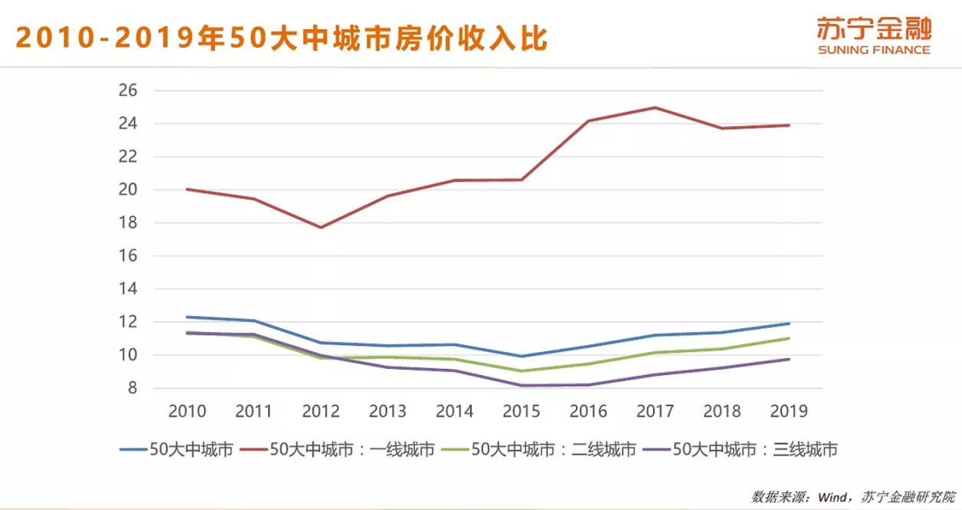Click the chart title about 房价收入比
click(281, 36)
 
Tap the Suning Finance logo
click(873, 35)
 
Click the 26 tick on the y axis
click(127, 90)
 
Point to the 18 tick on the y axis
click(127, 223)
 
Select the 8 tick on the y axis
click(131, 389)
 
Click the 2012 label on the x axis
click(320, 412)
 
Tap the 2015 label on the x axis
click(521, 412)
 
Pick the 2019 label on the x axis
click(789, 412)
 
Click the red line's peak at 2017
click(655, 107)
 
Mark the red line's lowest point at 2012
click(320, 227)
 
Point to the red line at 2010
click(187, 189)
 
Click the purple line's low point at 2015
click(521, 385)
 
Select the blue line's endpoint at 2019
click(789, 324)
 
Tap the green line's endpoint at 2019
click(789, 338)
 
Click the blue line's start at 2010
click(187, 317)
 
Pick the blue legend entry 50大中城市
click(176, 449)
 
